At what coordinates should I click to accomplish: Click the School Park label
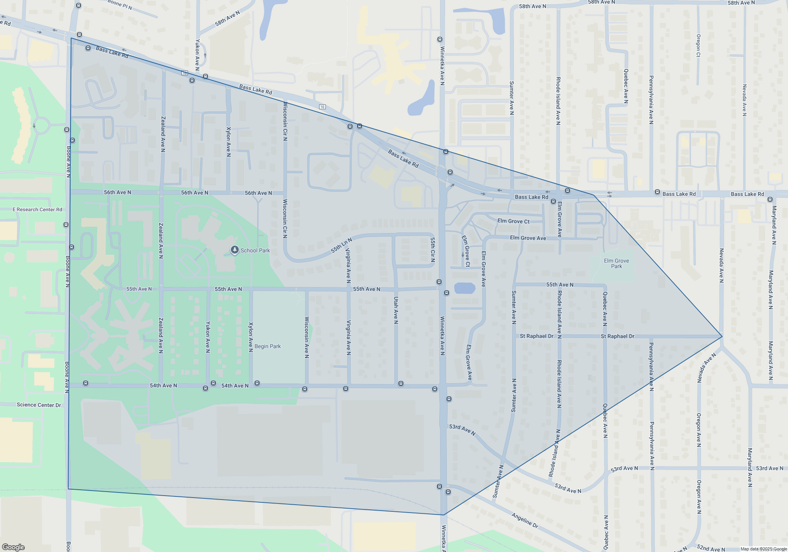click(x=255, y=250)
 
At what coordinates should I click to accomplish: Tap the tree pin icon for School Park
click(x=235, y=250)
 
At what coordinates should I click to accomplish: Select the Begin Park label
click(x=268, y=346)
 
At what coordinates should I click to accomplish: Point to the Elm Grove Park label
click(x=616, y=263)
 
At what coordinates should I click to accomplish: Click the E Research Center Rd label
click(x=37, y=209)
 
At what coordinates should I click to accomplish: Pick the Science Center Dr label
click(x=39, y=405)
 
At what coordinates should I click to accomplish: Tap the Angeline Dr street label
click(x=524, y=520)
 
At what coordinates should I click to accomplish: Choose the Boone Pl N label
click(x=120, y=5)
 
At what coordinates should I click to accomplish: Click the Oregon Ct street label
click(x=698, y=45)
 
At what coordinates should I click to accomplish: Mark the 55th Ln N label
click(x=341, y=245)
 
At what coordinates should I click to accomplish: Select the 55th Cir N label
click(x=433, y=250)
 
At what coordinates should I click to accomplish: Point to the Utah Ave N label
click(x=396, y=310)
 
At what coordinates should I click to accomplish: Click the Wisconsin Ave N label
click(x=307, y=338)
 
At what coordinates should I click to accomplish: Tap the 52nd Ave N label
click(x=711, y=548)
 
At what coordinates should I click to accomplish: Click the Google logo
click(x=13, y=547)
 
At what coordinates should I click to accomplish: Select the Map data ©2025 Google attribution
click(x=763, y=549)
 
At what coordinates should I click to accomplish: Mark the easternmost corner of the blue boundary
click(x=722, y=336)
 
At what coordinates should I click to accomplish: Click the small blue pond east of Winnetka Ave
click(x=465, y=288)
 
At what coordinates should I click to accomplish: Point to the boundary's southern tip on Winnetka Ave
click(x=444, y=515)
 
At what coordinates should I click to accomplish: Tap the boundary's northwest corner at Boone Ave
click(x=71, y=38)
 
